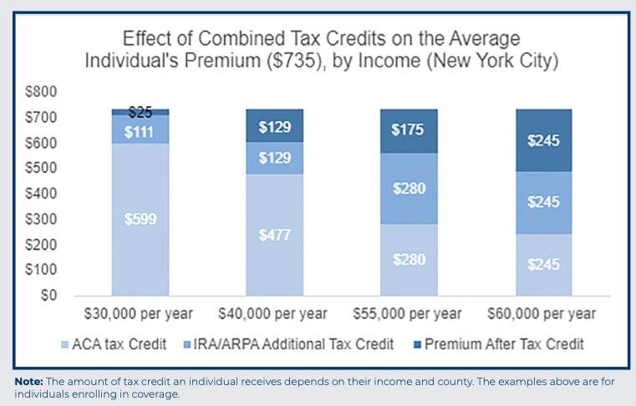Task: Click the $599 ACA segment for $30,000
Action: [140, 219]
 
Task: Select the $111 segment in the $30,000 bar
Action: [140, 131]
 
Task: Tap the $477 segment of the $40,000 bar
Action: [274, 235]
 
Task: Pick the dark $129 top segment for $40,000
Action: [274, 126]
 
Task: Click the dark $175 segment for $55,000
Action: [410, 130]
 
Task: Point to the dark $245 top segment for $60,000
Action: [544, 141]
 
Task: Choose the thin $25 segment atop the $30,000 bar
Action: [140, 111]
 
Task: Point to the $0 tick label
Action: [53, 296]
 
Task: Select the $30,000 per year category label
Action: [139, 315]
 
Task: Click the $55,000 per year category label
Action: [409, 315]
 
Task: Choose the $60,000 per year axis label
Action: [543, 315]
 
